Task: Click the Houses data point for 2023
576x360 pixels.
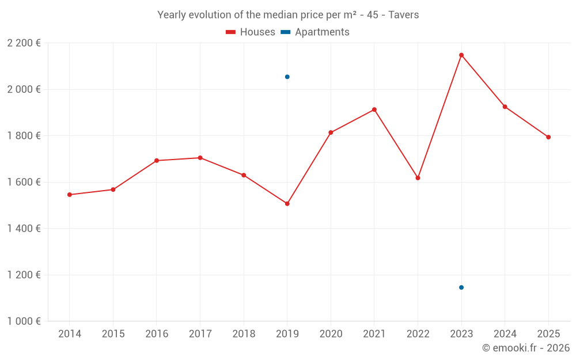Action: point(461,55)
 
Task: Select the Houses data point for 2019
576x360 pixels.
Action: point(287,203)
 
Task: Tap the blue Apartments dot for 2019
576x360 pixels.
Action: point(287,77)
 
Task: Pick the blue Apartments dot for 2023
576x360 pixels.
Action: point(461,287)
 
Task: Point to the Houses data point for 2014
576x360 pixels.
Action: point(70,195)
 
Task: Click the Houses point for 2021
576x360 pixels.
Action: point(374,109)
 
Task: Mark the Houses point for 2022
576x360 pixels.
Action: point(418,178)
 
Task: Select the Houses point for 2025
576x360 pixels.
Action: point(548,137)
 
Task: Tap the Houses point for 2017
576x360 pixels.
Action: point(200,158)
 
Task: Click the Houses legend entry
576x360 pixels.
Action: point(251,32)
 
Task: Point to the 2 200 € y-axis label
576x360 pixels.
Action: point(24,43)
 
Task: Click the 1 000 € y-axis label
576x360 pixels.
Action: point(24,321)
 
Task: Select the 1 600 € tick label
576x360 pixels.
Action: point(24,182)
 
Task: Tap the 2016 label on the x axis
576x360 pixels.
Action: point(157,334)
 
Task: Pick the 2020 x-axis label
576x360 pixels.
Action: point(331,334)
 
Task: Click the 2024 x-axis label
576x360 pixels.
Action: point(505,334)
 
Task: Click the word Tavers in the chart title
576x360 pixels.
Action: point(403,15)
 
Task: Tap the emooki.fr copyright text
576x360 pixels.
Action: point(526,348)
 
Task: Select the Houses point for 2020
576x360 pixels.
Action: point(331,132)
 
